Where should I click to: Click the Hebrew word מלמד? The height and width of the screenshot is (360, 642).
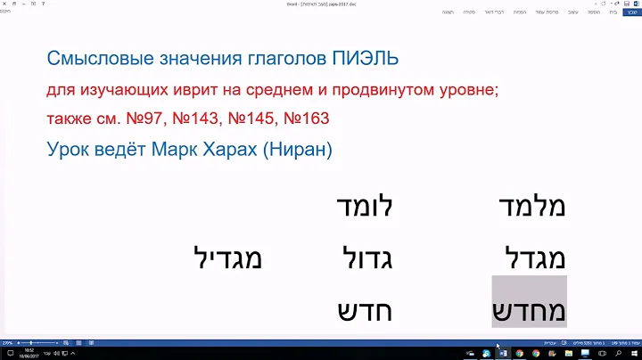point(529,207)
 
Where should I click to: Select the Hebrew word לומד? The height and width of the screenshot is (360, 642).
point(364,207)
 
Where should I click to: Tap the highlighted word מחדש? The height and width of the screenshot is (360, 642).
point(529,311)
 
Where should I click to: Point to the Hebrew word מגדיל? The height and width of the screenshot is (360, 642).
point(228,259)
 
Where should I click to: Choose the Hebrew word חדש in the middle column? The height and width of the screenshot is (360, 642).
point(365,311)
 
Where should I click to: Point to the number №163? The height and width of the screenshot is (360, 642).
point(304,119)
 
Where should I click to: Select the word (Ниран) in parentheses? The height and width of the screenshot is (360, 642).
point(296,148)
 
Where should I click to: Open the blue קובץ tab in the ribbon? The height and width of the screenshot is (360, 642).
point(630,12)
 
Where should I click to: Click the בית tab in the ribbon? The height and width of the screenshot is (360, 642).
point(612,12)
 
